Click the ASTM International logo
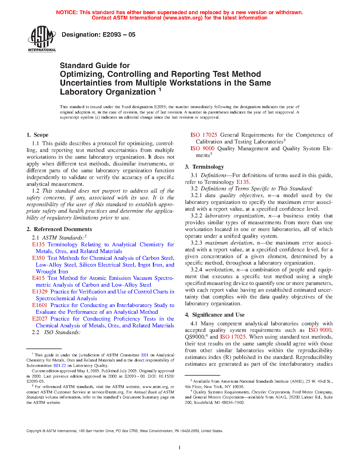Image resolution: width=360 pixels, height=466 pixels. [42, 39]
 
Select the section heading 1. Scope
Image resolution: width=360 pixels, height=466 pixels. [38, 135]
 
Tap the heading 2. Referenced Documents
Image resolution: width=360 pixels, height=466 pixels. [59, 229]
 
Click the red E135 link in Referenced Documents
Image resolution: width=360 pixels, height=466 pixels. [38, 245]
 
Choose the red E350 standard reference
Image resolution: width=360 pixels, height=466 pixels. [38, 258]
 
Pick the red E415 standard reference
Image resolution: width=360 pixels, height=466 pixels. [38, 278]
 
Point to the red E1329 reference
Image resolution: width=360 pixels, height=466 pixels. [40, 292]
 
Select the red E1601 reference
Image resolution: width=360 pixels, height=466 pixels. [40, 305]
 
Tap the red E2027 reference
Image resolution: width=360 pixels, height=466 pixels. [40, 319]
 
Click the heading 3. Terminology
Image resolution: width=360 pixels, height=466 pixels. [204, 167]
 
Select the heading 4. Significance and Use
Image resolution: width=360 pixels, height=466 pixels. [215, 315]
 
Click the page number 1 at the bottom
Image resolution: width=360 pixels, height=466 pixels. [180, 448]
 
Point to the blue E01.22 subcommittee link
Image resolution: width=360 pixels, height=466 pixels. [60, 365]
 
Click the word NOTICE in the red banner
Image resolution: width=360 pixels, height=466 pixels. [67, 12]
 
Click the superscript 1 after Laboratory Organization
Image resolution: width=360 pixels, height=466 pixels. [160, 90]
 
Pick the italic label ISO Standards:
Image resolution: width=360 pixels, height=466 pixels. [62, 332]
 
